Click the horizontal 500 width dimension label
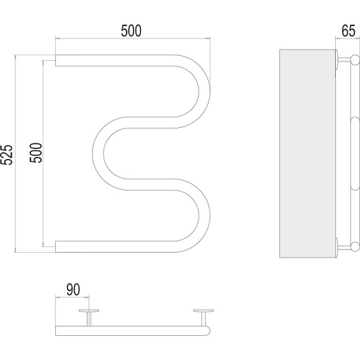point(131,31)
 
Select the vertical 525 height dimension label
point(7,155)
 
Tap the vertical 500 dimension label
point(36,153)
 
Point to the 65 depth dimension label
point(348,31)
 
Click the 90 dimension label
point(73,290)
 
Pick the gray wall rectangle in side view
point(307,153)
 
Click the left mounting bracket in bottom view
point(89,317)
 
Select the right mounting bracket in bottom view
point(204,317)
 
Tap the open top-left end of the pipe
point(56,60)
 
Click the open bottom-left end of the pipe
point(56,246)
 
